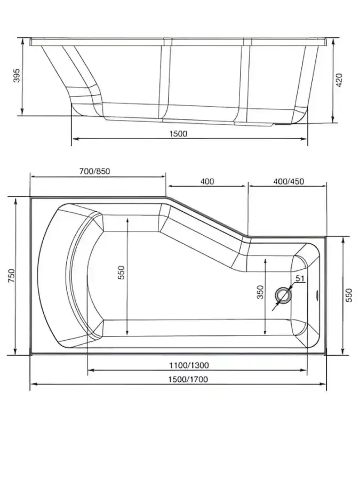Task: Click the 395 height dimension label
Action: tap(18, 75)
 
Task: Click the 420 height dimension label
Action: tap(340, 80)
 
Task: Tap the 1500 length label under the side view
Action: tap(178, 133)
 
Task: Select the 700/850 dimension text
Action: tap(94, 171)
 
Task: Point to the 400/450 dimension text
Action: tap(289, 181)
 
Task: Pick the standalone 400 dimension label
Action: tap(207, 181)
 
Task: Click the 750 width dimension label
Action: tap(11, 276)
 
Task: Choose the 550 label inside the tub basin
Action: tap(122, 272)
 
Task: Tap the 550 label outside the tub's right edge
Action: tap(349, 295)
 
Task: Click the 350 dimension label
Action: tap(260, 292)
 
